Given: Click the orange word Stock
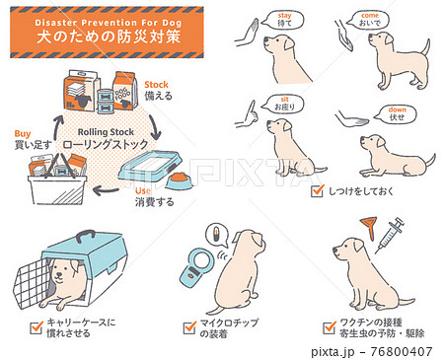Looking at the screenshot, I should (157, 86).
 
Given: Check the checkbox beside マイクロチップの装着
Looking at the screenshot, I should (189, 325).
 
